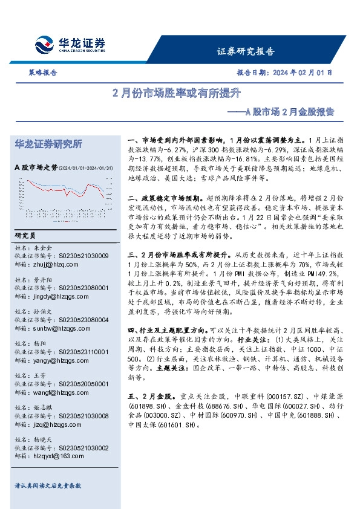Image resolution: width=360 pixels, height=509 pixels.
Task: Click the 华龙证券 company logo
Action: [x=70, y=45]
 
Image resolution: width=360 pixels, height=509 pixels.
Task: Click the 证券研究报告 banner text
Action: [x=245, y=51]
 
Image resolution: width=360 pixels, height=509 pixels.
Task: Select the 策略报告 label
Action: [x=42, y=73]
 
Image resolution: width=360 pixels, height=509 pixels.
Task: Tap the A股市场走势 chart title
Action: [x=36, y=167]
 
